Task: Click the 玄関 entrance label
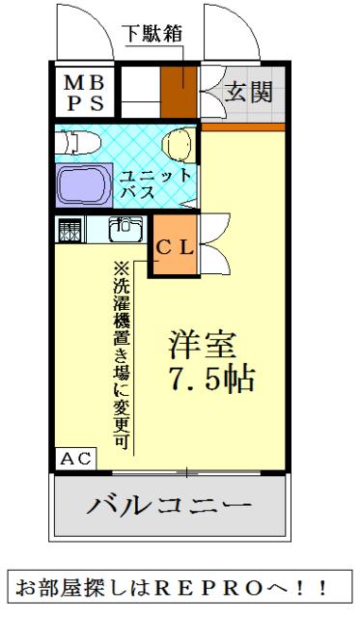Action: click(x=249, y=92)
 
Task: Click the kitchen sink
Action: click(x=125, y=231)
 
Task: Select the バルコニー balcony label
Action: click(x=171, y=506)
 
